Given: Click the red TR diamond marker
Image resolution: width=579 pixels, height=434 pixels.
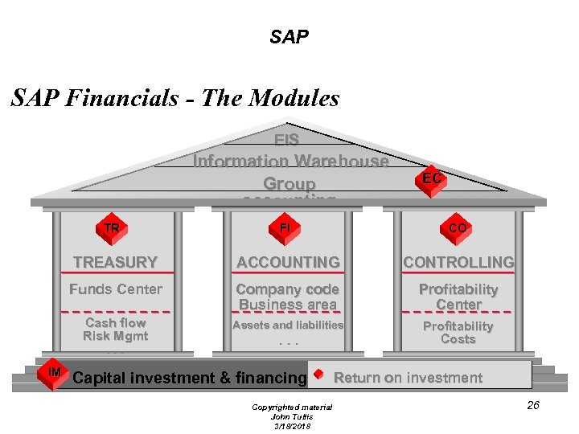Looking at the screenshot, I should coord(112,228).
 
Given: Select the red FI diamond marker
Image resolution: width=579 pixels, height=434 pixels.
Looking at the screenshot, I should coord(285,228).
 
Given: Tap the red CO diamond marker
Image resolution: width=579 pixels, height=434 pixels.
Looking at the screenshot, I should coord(458,228).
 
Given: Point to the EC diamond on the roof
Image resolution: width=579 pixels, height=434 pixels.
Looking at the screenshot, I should coord(432,178).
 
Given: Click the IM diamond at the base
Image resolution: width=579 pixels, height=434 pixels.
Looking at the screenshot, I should coord(55,372).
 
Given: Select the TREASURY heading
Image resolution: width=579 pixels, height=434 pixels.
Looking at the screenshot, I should coord(115,262).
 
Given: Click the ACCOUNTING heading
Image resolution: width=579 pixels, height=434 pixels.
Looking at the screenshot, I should coord(288,262).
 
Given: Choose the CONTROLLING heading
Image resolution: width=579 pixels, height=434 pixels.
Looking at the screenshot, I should coord(458,262).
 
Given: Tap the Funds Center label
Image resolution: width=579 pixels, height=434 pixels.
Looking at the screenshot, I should coord(116,289).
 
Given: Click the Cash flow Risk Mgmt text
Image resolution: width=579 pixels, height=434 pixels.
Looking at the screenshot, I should coord(116,330).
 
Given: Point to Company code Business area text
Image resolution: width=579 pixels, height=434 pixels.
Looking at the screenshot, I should coord(288,297).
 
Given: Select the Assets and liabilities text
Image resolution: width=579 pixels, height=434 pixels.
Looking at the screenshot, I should coord(288,325).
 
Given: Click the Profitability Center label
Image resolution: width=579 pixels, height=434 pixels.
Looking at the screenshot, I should coord(458,297).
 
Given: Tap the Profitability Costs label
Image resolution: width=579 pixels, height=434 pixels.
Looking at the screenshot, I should coord(458,333).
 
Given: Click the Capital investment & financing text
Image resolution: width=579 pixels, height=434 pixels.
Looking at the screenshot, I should coord(190,378).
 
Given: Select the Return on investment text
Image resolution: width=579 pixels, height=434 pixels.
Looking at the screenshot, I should coord(409,378).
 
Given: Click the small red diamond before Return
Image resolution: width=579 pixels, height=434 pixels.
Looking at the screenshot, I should coord(319,375).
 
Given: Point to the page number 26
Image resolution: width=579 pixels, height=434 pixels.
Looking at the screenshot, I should coord(533,405).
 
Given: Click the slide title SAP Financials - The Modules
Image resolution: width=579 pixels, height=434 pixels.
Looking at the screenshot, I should coord(175,99).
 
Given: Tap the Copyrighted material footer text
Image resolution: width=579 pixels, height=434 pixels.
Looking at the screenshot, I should coord(291,407).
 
